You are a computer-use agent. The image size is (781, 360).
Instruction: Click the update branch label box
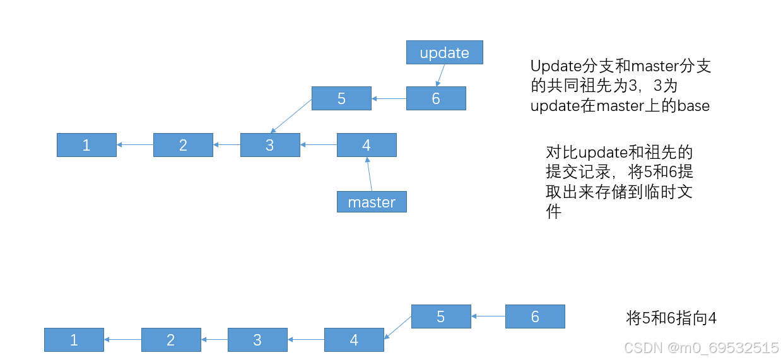pos(444,52)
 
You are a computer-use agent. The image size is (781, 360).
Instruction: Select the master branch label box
pos(372,202)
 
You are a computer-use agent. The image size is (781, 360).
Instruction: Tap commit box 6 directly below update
pos(435,98)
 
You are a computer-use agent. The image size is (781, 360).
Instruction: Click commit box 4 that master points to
pos(366,145)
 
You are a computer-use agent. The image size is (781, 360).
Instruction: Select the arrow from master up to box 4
pos(369,174)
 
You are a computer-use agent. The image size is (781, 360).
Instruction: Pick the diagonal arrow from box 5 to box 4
pos(397,328)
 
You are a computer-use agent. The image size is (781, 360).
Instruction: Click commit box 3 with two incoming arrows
pos(269,145)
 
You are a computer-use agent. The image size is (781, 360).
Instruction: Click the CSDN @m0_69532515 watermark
pos(700,347)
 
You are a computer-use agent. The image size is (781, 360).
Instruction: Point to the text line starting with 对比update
pos(619,153)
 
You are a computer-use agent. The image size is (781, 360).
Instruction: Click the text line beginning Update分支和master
pos(621,66)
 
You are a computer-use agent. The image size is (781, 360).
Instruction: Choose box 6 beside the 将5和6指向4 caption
pos(534,316)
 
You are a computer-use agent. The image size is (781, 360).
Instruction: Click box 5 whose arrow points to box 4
pos(440,316)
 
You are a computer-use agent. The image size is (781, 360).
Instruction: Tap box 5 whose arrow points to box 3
pos(341,98)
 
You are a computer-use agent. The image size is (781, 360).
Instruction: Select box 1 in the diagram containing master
pos(86,145)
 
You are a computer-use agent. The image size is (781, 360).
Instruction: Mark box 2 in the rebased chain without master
pos(170,340)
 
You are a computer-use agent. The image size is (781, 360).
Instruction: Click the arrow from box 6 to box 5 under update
pos(389,98)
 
